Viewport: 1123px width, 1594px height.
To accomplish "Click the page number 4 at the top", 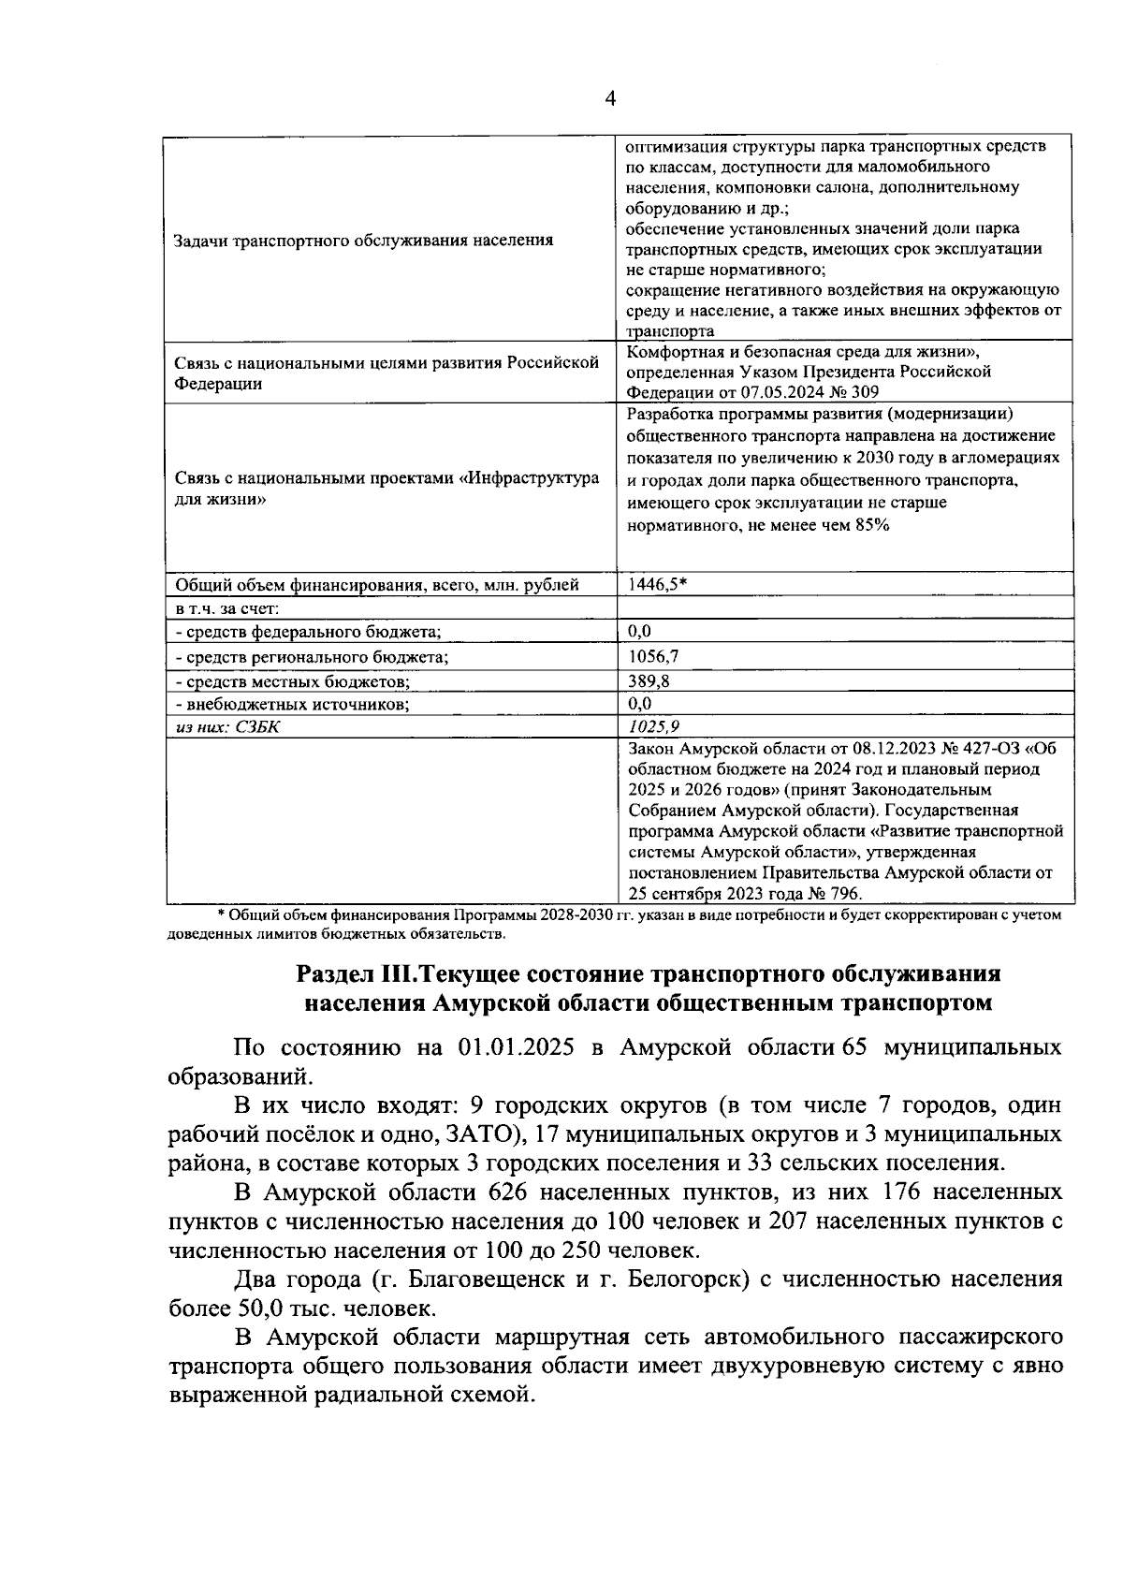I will point(610,99).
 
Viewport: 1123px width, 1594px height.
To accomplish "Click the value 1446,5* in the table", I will point(658,585).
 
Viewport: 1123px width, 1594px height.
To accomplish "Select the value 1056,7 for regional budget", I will point(653,657).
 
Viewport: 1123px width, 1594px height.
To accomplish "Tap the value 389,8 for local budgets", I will point(649,681).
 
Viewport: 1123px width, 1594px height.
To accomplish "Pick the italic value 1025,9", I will point(654,726).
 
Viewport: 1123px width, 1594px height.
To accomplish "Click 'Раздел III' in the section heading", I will point(354,973).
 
